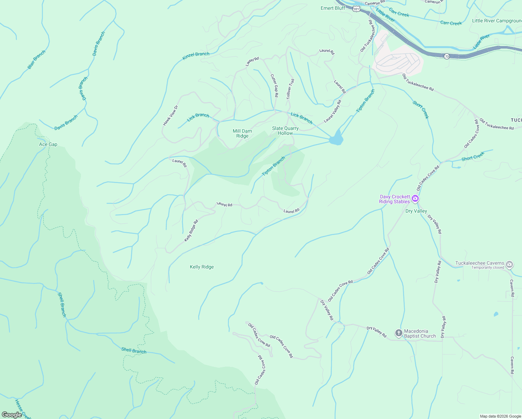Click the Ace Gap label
pyautogui.click(x=48, y=144)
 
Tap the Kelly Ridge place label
pyautogui.click(x=202, y=267)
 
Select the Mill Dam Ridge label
pyautogui.click(x=242, y=133)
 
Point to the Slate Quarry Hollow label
pyautogui.click(x=285, y=131)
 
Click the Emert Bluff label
pyautogui.click(x=333, y=8)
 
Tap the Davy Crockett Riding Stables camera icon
pyautogui.click(x=415, y=199)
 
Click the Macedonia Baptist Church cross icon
pyautogui.click(x=399, y=333)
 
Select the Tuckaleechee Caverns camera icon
pyautogui.click(x=509, y=264)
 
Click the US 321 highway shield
pyautogui.click(x=356, y=9)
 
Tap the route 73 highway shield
pyautogui.click(x=447, y=56)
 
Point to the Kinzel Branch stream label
pyautogui.click(x=196, y=56)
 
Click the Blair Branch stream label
pyautogui.click(x=36, y=60)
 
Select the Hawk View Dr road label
pyautogui.click(x=170, y=115)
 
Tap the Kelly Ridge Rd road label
pyautogui.click(x=191, y=230)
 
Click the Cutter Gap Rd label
pyautogui.click(x=275, y=86)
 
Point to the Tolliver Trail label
pyautogui.click(x=290, y=89)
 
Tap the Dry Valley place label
pyautogui.click(x=416, y=211)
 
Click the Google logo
pyautogui.click(x=12, y=415)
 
